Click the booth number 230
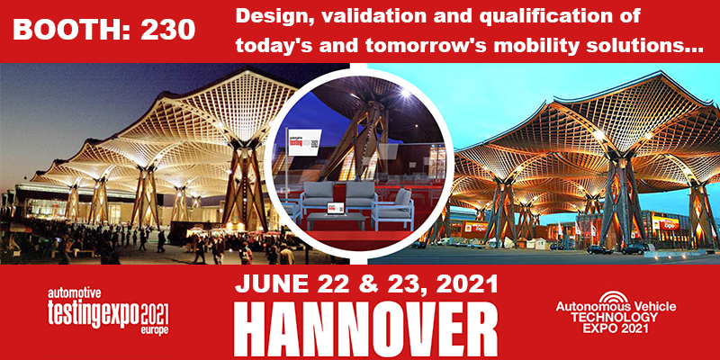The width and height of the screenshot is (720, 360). pos(168,31)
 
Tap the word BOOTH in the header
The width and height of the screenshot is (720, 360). pos(69,31)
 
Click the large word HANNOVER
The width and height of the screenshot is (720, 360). pos(365,328)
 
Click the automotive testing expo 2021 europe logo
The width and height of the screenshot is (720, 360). pos(108,310)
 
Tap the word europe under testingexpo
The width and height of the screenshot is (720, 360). pos(153,330)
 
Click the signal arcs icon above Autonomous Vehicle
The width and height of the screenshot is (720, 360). pos(616,296)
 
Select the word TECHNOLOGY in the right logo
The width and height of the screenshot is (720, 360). pos(616,317)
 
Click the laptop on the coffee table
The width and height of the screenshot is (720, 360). pos(334,209)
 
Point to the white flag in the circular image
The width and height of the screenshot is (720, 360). pos(304,142)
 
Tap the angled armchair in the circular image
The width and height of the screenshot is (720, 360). pos(395,210)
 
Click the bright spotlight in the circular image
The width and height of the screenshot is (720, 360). pos(404,94)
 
